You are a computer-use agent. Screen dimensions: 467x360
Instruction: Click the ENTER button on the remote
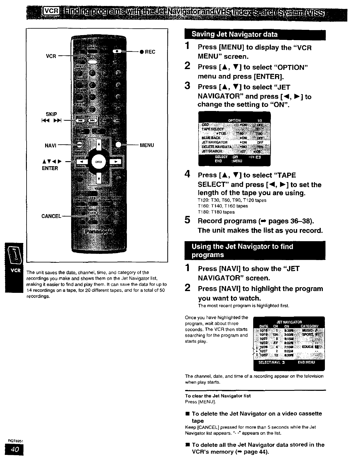99,162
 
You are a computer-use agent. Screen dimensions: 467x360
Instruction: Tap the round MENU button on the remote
119,145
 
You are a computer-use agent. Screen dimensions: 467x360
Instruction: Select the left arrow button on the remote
83,161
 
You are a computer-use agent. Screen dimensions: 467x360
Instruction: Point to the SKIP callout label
51,114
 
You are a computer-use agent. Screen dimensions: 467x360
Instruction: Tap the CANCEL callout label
51,216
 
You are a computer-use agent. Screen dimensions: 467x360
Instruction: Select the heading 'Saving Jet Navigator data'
235,35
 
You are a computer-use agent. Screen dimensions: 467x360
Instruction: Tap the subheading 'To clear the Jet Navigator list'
218,396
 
